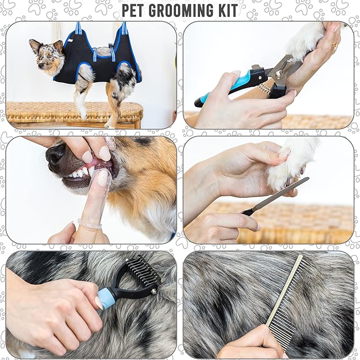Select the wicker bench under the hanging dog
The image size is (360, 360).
(x=74, y=112)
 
